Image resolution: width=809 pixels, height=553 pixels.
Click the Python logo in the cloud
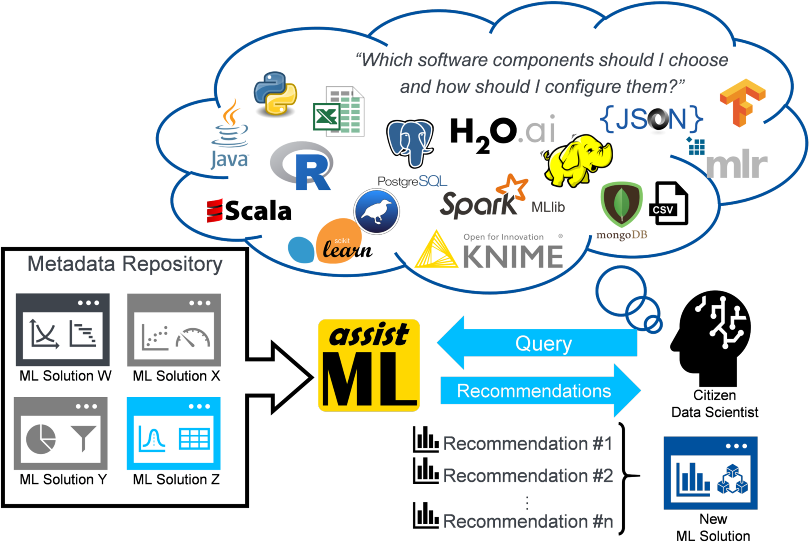(275, 94)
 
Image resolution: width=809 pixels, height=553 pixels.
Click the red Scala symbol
(214, 211)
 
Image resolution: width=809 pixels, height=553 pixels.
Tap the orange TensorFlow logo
(742, 103)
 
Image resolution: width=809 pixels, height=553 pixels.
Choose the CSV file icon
(668, 203)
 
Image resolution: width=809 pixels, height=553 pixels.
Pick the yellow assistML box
(369, 365)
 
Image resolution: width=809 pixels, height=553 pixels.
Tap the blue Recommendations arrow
(540, 391)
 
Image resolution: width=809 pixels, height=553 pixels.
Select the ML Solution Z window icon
(174, 433)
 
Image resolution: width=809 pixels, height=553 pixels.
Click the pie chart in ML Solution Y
(40, 439)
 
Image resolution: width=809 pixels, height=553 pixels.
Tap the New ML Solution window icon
(711, 473)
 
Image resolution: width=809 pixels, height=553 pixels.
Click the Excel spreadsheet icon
(339, 111)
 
